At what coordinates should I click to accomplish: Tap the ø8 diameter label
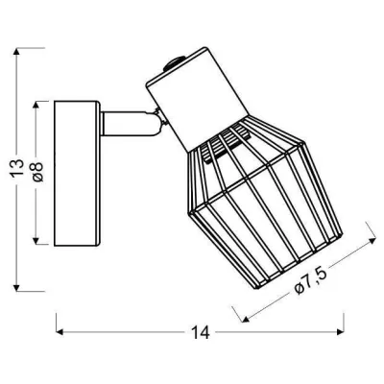37,172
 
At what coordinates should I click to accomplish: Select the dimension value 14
200,332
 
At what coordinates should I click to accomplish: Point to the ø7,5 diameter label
310,281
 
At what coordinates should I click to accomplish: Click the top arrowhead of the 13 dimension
17,51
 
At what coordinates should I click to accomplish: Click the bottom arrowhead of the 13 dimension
17,288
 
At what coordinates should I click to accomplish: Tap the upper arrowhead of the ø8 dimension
36,106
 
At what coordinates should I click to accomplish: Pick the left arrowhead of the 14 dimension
60,332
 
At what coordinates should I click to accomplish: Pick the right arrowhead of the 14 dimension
340,332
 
